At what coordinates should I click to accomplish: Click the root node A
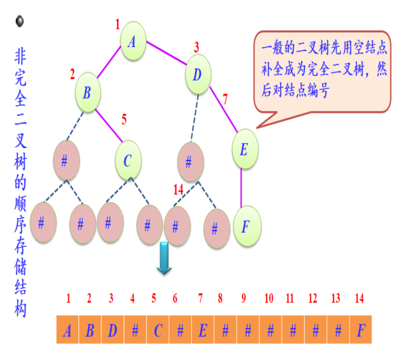[132, 42]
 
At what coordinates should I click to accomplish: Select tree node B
[87, 92]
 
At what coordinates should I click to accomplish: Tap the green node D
[198, 75]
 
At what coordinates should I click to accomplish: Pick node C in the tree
[128, 161]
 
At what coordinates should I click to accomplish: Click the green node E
[244, 150]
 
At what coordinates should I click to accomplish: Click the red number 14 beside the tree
[179, 190]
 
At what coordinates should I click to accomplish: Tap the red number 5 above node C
[124, 119]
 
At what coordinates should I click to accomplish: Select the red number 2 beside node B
[73, 75]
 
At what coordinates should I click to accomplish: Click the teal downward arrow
[165, 257]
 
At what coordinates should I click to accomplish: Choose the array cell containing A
[68, 331]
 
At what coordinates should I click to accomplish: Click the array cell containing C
[158, 331]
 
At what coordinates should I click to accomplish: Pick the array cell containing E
[203, 331]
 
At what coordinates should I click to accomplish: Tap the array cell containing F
[360, 331]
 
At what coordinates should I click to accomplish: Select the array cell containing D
[112, 331]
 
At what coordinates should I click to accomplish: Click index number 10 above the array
[268, 298]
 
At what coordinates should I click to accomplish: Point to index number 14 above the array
[360, 298]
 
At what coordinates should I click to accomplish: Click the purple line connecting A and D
[166, 53]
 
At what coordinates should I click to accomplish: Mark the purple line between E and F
[242, 188]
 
